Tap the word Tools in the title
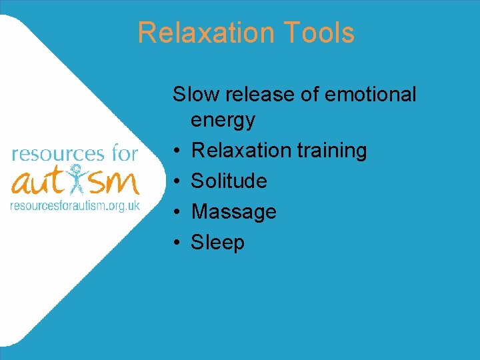[x=317, y=33]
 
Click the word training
[x=332, y=151]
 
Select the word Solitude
[x=229, y=181]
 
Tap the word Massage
[x=233, y=212]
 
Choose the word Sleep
[x=217, y=243]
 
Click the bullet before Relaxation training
[x=177, y=151]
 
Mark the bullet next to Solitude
[x=177, y=181]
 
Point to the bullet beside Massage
[x=177, y=212]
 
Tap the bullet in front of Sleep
[x=177, y=243]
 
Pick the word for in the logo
[x=125, y=154]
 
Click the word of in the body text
[x=310, y=95]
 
